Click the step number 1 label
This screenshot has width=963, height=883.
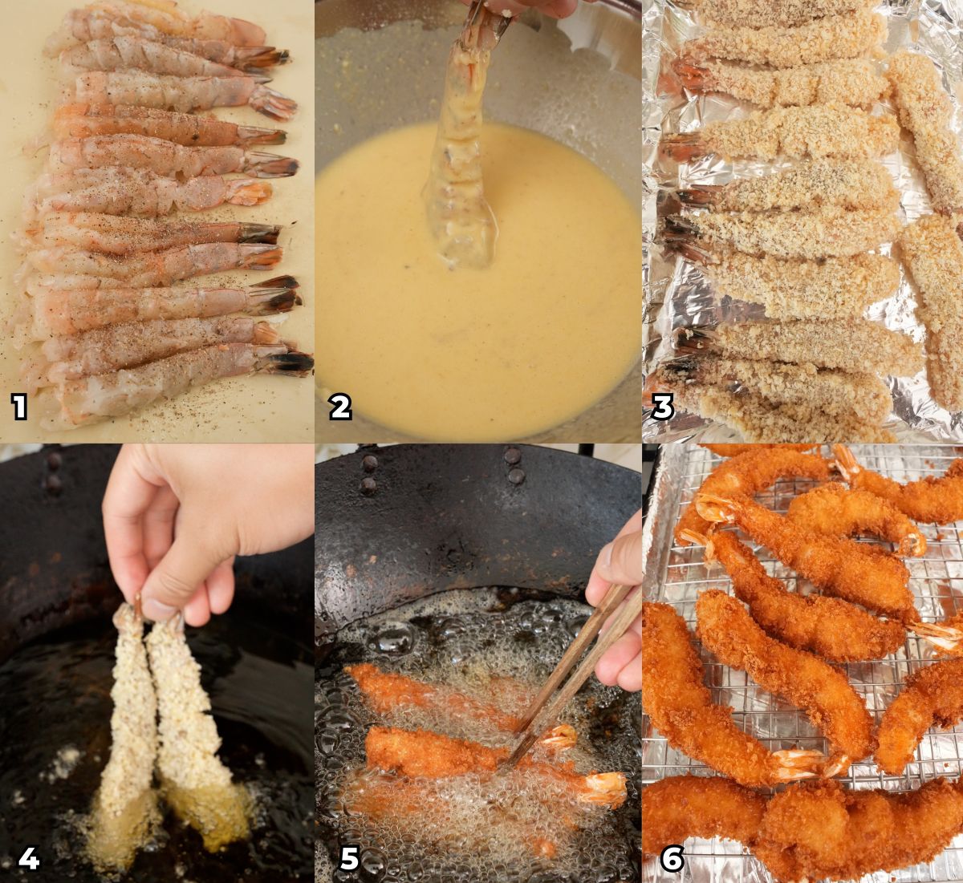(x=20, y=407)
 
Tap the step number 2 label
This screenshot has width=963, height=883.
(x=340, y=407)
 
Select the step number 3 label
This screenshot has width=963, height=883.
(x=662, y=407)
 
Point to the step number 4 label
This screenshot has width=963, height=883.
(x=28, y=859)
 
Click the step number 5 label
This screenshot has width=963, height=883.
(x=349, y=859)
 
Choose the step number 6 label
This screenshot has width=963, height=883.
(x=671, y=859)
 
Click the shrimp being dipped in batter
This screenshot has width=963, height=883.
(x=461, y=160)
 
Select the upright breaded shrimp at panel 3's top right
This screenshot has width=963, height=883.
(x=923, y=128)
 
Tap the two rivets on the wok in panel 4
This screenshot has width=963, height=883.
(x=53, y=473)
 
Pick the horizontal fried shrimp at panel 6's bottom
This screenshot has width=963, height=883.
(x=802, y=826)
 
